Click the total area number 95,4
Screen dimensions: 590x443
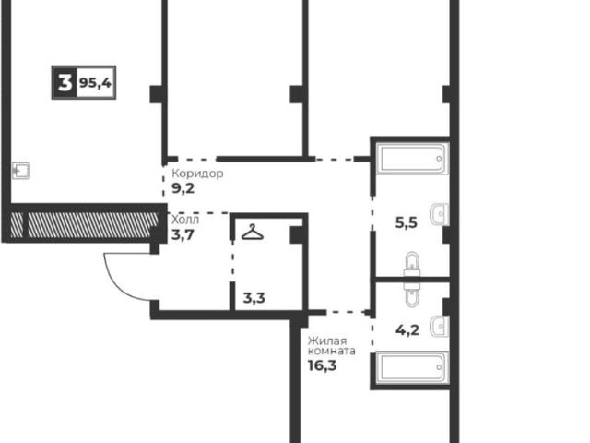point(95,82)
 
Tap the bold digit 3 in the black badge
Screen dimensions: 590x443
point(65,82)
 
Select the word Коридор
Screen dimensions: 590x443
point(197,174)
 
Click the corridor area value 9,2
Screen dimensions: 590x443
point(183,188)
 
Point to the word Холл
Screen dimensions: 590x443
point(185,220)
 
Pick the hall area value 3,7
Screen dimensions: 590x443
point(183,235)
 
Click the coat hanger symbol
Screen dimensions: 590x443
point(252,232)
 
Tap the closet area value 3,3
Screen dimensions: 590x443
point(254,298)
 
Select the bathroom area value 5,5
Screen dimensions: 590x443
point(407,222)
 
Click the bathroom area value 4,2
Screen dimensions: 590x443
point(407,330)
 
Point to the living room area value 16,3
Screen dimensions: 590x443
point(322,365)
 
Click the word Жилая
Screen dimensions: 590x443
point(327,341)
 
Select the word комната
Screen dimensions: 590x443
point(332,352)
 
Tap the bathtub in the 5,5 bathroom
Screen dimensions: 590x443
point(413,159)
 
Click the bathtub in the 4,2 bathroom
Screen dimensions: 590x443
point(413,367)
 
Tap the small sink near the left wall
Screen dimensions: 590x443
point(21,171)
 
